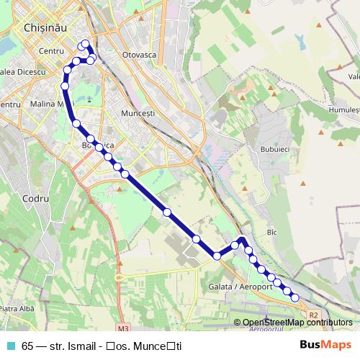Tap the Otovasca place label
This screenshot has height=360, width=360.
[140, 55]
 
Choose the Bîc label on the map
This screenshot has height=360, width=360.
[271, 233]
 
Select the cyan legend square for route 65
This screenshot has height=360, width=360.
[9, 345]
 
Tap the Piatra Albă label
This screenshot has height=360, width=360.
[19, 309]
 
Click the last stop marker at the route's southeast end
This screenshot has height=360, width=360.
[294, 298]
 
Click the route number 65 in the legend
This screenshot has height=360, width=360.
[27, 345]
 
